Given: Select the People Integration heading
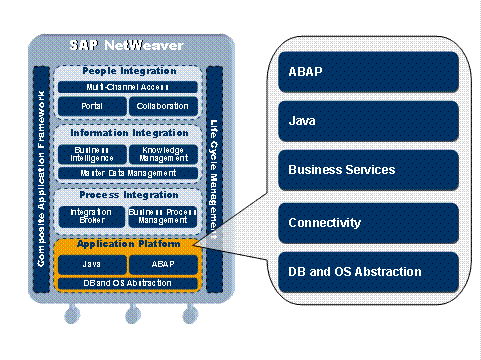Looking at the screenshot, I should coord(128,72).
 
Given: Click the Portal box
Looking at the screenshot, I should coord(92,105).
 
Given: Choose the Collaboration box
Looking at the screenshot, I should coord(164,105).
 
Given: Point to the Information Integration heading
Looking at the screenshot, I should coord(128,132).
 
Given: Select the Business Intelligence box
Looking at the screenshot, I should coord(92,153).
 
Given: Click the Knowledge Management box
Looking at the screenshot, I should coord(164,153).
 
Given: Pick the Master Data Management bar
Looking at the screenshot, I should coord(128,172).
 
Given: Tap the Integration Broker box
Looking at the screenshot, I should coord(91,216).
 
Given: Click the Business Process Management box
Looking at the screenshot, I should coord(163,216).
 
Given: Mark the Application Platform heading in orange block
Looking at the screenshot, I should coord(128,245).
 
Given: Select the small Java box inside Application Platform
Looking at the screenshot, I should coord(92,265).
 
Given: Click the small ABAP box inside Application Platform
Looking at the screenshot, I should coord(164,265).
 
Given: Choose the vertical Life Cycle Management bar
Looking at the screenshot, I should coord(214,180).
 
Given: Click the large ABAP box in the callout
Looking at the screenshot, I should coord(368,71).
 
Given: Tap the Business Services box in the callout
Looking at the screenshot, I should coord(368,170).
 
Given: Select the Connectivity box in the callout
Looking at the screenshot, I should coord(368,221).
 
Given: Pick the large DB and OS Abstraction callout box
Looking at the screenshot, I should coord(368,271).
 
